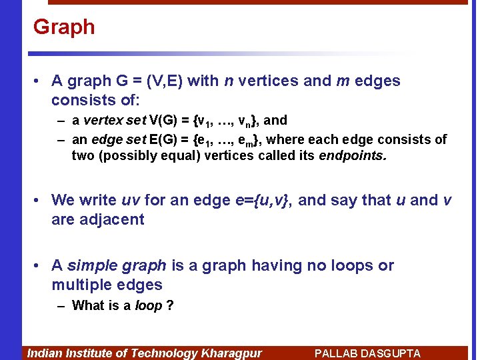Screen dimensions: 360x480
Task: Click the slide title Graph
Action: (x=64, y=27)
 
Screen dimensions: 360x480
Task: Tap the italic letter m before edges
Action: (x=343, y=81)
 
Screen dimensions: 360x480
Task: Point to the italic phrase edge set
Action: (x=117, y=140)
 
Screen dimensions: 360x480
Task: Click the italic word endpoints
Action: (x=353, y=156)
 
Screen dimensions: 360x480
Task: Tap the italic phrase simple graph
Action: (x=117, y=266)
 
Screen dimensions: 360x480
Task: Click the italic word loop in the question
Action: (x=148, y=306)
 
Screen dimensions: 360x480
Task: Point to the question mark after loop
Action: (x=170, y=306)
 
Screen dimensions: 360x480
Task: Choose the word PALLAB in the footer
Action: (x=333, y=353)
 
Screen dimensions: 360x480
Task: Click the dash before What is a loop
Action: (x=61, y=306)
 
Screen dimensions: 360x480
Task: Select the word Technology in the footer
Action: (x=163, y=353)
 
